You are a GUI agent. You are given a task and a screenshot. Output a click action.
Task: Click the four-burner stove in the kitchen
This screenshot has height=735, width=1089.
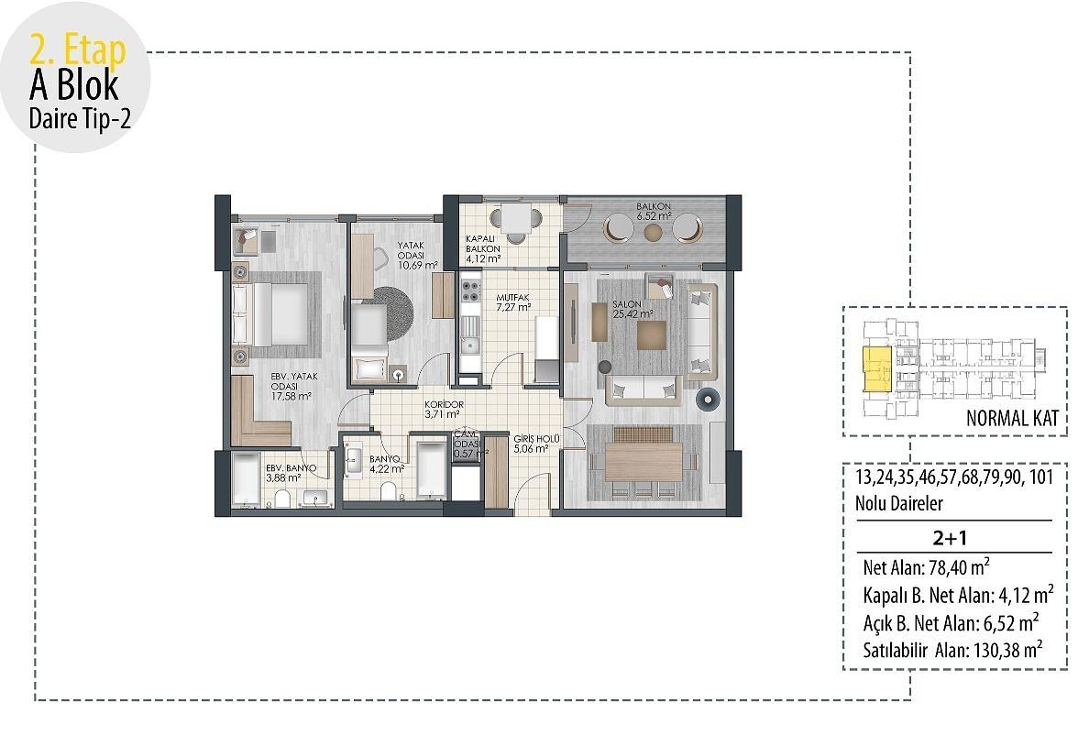point(470,291)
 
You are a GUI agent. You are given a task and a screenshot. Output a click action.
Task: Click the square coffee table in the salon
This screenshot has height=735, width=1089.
point(652,335)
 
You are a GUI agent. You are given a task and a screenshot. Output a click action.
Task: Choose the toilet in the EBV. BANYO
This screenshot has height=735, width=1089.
point(284,498)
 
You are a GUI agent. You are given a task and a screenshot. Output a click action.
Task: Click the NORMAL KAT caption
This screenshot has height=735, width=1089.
point(1012,420)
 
